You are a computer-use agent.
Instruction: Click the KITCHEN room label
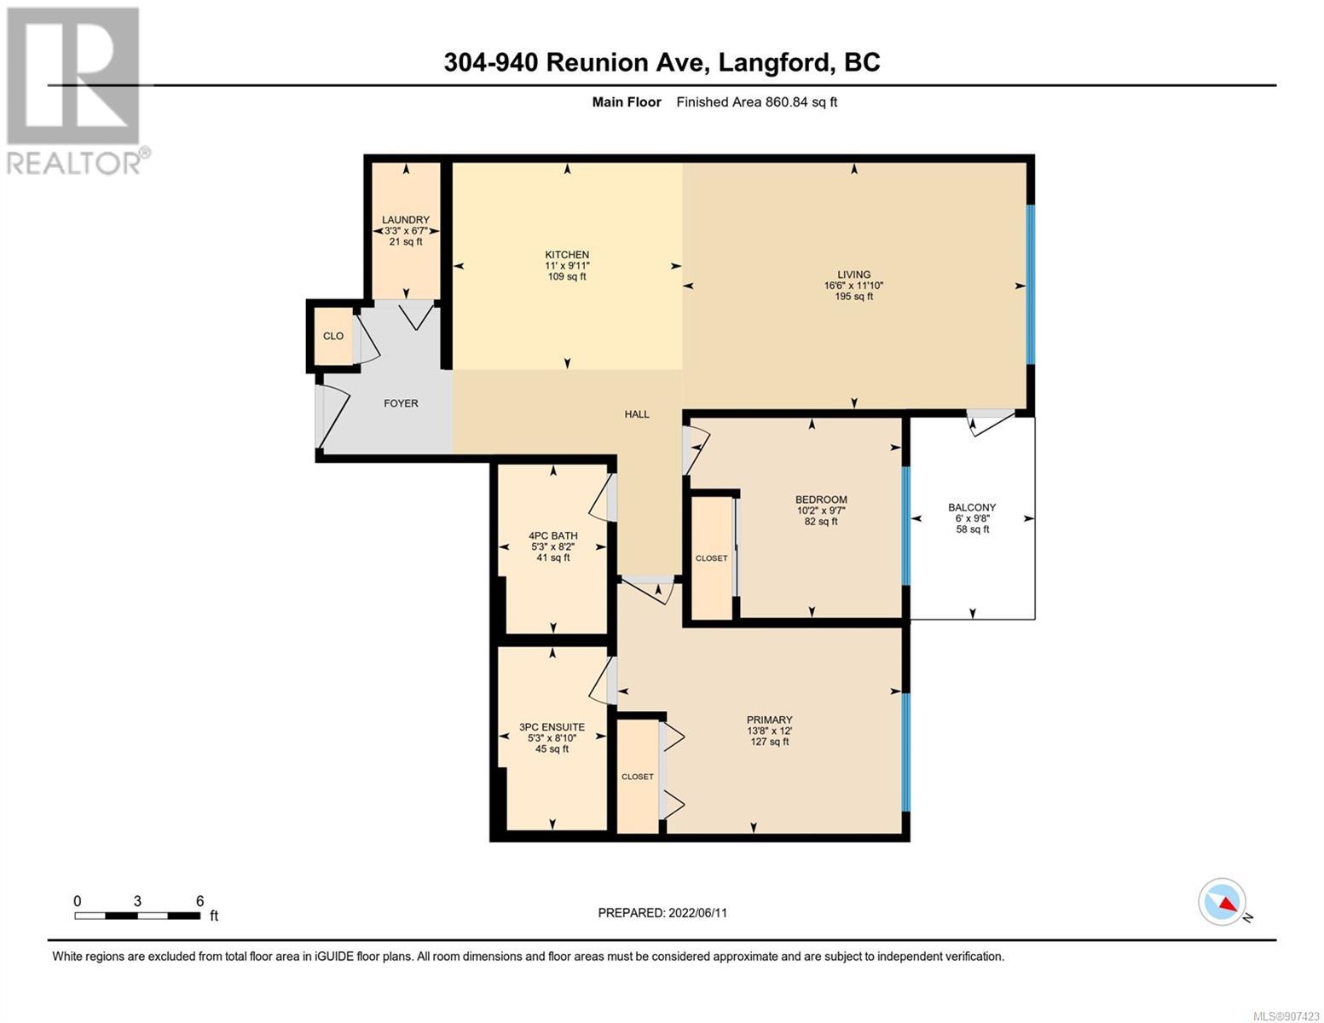(567, 255)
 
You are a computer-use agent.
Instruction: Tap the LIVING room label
(853, 275)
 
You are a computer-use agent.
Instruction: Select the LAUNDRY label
(406, 220)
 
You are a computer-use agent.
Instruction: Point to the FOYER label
(401, 403)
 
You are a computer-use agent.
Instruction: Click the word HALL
(637, 414)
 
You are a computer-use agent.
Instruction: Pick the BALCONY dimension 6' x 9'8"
(973, 518)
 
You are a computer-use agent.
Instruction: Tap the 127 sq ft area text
(770, 742)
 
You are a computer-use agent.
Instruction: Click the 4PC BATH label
(552, 536)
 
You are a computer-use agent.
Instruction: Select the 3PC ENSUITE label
(552, 727)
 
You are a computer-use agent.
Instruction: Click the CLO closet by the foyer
(332, 336)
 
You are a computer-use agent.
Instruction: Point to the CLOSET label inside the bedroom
(712, 558)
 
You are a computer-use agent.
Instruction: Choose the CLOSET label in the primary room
(638, 777)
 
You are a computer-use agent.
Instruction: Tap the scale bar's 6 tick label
(199, 900)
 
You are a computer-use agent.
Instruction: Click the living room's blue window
(1031, 285)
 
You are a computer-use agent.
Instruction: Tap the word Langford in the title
(774, 63)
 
